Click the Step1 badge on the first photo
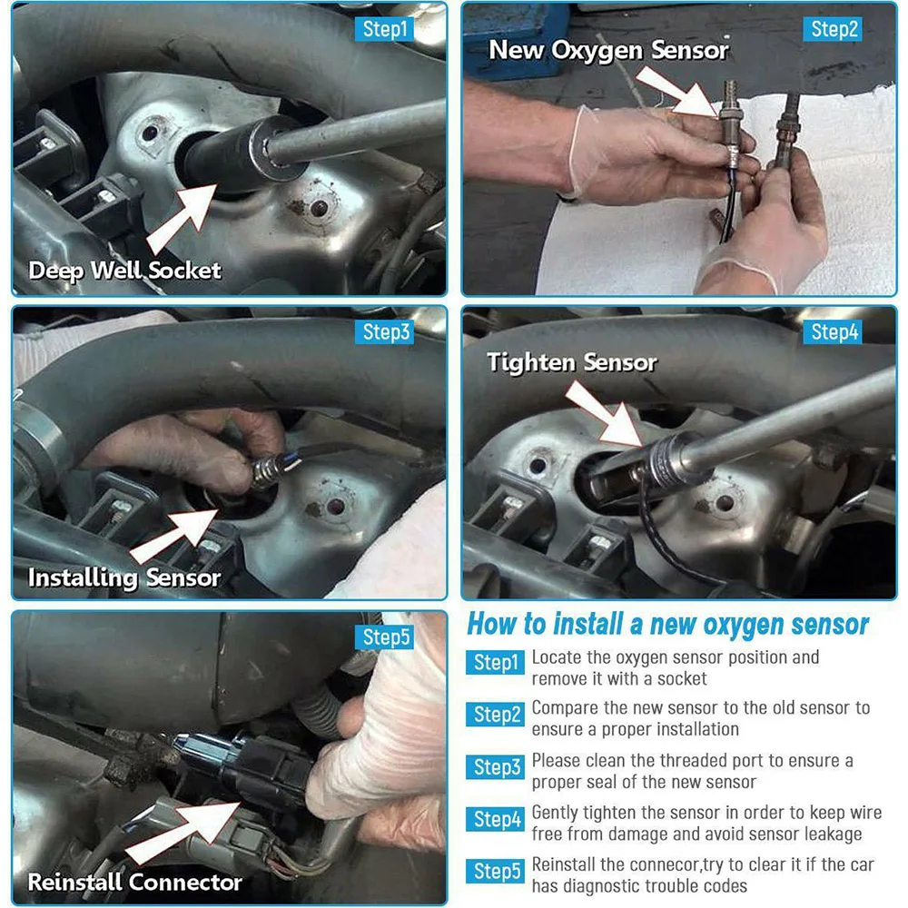[x=384, y=29]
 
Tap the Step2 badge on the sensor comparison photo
[x=833, y=29]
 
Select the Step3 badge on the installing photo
[x=384, y=331]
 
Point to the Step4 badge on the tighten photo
[x=833, y=331]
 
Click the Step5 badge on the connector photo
[x=384, y=637]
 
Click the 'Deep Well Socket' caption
[x=124, y=271]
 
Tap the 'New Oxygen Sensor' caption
[x=608, y=50]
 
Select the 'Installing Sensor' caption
[x=123, y=577]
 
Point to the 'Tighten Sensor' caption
[x=571, y=362]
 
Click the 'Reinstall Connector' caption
[x=135, y=882]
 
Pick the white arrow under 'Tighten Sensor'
[x=604, y=415]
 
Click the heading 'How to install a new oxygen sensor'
[x=667, y=625]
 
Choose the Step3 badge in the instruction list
[x=495, y=766]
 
